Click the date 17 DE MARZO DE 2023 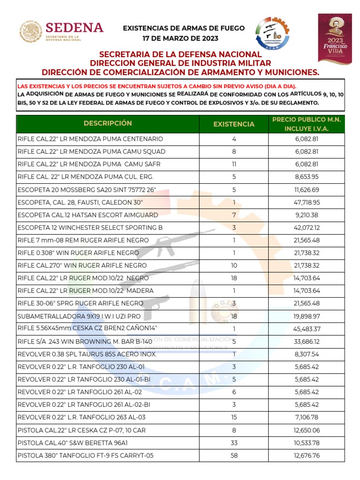(183, 38)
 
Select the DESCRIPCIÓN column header (108, 123)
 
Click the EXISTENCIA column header (234, 124)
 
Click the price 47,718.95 (307, 202)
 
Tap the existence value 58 (234, 455)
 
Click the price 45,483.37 (307, 329)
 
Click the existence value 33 (234, 442)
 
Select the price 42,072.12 (307, 227)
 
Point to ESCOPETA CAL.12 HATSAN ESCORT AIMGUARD (88, 215)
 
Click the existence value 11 (234, 164)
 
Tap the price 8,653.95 (307, 177)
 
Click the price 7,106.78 (307, 417)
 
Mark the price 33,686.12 (307, 341)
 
